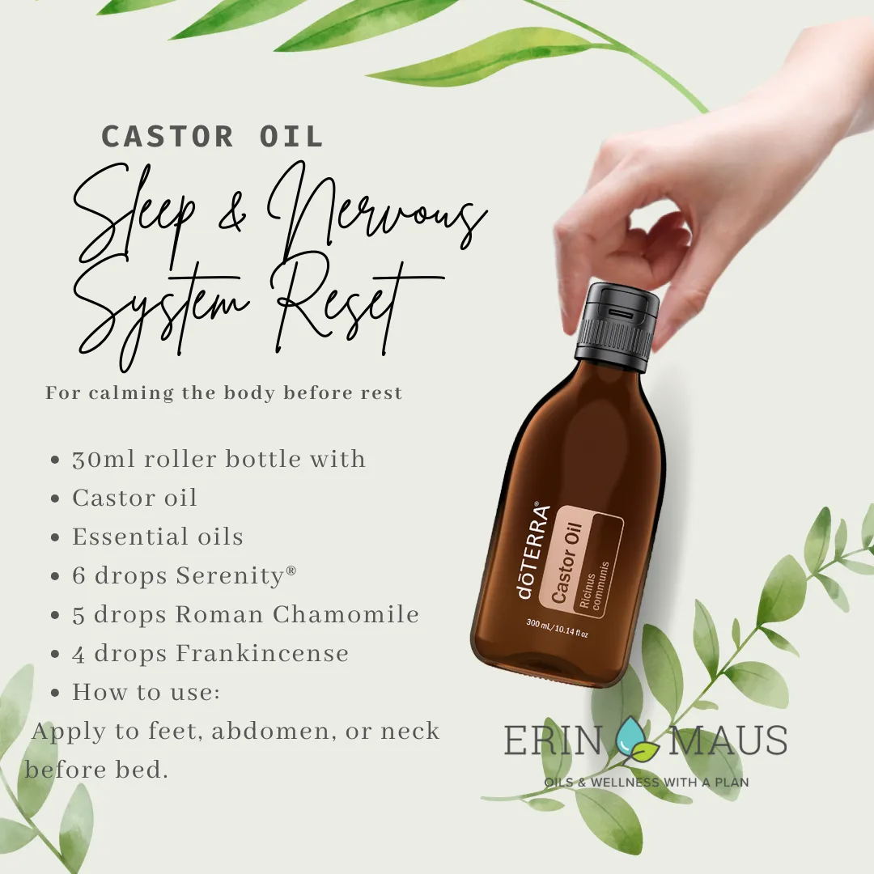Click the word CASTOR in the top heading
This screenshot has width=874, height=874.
[168, 137]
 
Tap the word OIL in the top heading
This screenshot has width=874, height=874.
[291, 137]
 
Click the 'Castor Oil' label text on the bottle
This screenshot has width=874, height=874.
[567, 563]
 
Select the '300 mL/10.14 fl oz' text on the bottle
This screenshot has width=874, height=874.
[557, 628]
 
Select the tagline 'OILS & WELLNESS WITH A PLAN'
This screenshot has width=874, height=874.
[647, 782]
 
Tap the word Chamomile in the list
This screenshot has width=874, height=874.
[346, 614]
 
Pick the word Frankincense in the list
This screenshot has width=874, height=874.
[262, 653]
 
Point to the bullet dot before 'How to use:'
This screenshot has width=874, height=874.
[55, 694]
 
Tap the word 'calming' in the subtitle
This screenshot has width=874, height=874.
[132, 393]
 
